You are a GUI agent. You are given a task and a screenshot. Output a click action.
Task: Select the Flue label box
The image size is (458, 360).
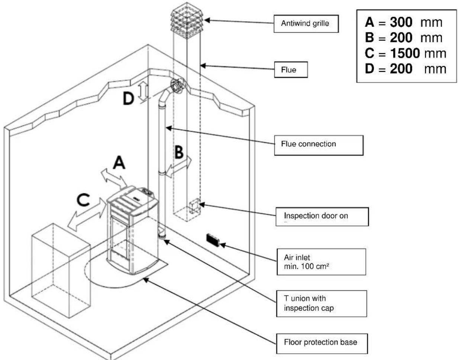pos(291,70)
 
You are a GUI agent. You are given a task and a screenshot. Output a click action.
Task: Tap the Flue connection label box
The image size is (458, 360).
pos(318,144)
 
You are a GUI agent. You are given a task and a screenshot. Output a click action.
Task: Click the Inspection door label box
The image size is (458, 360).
pos(322,216)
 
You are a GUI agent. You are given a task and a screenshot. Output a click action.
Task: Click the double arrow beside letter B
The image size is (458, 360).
pos(179,167)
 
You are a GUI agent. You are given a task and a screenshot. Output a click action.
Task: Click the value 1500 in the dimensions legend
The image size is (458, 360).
pos(405,53)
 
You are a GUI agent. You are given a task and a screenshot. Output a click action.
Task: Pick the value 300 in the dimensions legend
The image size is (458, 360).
pos(401,23)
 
